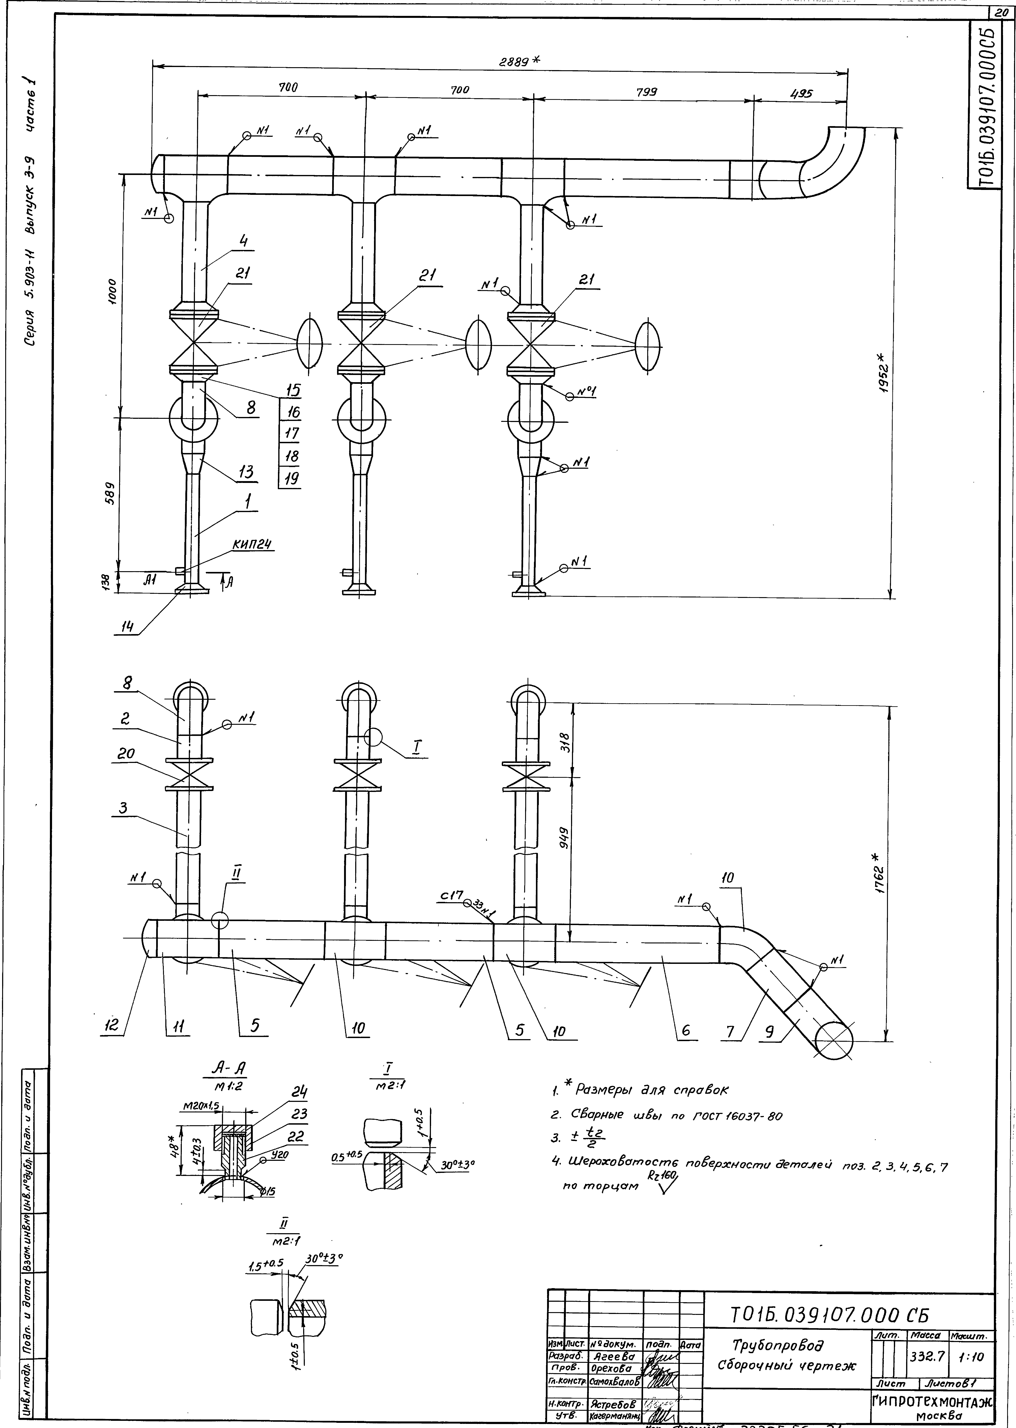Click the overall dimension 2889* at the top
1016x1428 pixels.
pyautogui.click(x=519, y=61)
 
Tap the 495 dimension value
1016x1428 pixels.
pyautogui.click(x=801, y=94)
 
